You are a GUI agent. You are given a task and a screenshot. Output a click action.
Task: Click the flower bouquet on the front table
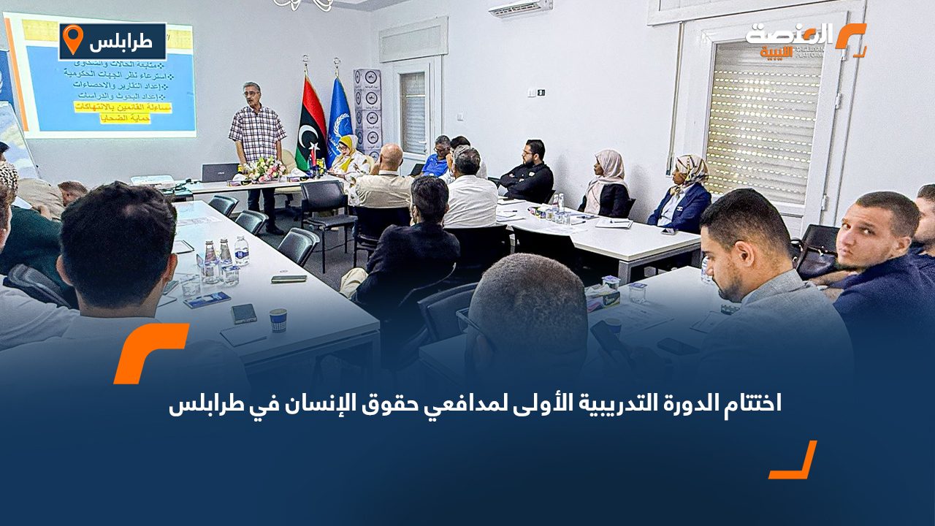pos(266,170)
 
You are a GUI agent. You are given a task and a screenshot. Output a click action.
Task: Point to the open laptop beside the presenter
pos(220,172)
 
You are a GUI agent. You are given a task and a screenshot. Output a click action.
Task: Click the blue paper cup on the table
pos(278,319)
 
